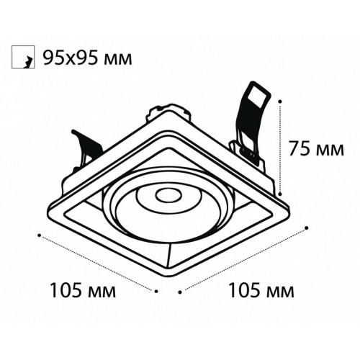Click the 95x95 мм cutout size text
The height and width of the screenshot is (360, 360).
click(x=87, y=58)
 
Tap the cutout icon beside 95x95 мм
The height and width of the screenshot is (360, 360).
click(x=23, y=57)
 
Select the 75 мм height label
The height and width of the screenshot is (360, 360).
click(x=316, y=148)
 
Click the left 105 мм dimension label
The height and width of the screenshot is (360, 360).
click(x=83, y=290)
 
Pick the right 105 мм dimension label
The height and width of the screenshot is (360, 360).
click(x=261, y=290)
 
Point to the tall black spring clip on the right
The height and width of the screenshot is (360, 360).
click(x=252, y=121)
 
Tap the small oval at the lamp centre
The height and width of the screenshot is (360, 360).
click(x=168, y=196)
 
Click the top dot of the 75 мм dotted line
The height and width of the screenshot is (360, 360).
click(x=279, y=102)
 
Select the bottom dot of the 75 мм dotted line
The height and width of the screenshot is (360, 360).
click(x=279, y=192)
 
